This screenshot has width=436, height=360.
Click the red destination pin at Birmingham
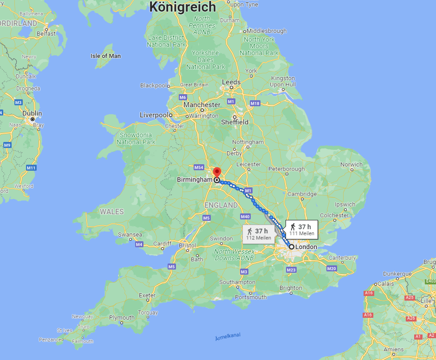(x=216, y=172)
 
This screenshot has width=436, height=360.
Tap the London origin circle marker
(x=291, y=247)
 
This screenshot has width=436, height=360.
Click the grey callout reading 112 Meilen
(x=259, y=234)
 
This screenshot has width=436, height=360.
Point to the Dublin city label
(x=33, y=114)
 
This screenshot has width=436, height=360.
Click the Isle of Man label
(x=105, y=56)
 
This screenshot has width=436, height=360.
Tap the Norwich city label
(x=351, y=165)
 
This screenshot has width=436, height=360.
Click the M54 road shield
(x=199, y=167)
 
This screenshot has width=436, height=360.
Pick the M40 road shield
(x=246, y=217)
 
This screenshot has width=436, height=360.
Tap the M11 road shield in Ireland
(x=31, y=167)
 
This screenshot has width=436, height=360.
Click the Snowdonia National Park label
(x=136, y=138)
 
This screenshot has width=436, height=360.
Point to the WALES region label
(x=112, y=212)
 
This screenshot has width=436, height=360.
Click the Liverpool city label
(x=154, y=115)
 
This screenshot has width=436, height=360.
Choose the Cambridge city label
(x=302, y=194)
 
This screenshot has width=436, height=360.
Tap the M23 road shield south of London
(x=292, y=270)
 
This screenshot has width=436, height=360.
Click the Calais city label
(x=384, y=284)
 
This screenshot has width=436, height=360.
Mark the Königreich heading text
(x=182, y=7)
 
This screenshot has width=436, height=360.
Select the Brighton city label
(x=291, y=288)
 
